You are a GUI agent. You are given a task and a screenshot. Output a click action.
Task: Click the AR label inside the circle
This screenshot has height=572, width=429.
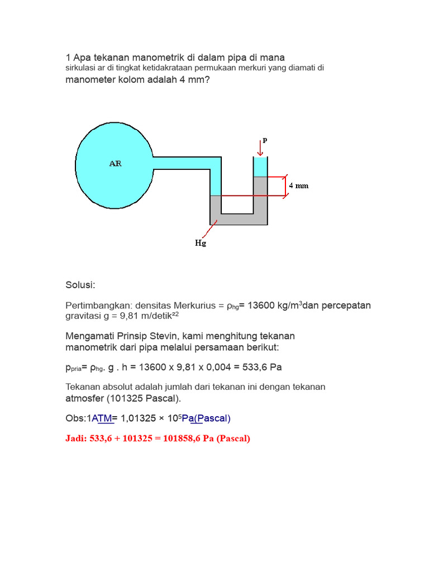[116, 164]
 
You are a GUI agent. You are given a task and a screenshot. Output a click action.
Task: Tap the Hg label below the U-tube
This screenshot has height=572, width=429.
[201, 244]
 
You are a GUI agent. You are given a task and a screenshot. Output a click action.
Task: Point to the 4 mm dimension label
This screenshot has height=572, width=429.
[298, 185]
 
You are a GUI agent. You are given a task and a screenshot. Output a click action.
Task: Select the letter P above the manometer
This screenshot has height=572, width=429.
[265, 141]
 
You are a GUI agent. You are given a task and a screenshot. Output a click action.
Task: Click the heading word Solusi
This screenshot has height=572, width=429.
[80, 285]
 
